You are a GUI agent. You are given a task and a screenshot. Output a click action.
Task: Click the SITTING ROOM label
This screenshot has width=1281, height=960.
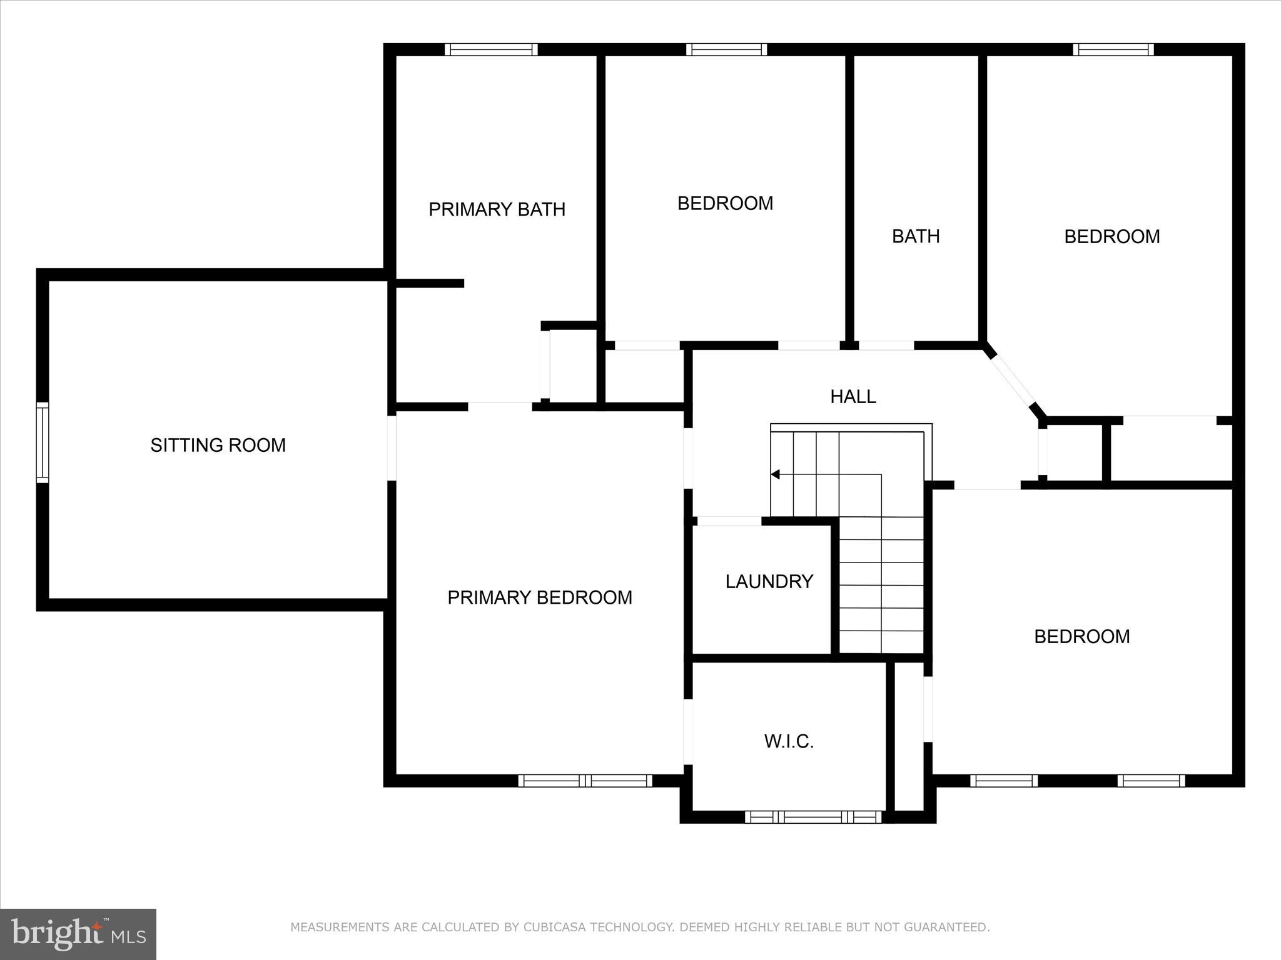point(218,445)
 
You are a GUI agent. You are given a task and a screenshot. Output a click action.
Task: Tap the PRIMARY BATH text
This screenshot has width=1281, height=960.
point(497,209)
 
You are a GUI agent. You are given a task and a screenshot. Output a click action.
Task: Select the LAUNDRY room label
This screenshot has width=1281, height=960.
point(769,582)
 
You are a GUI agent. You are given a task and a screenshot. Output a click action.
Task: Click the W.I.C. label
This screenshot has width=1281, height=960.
point(789,742)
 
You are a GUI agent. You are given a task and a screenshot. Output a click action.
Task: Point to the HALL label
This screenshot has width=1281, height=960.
point(853,396)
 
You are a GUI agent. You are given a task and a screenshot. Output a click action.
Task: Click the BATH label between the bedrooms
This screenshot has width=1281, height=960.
point(915,236)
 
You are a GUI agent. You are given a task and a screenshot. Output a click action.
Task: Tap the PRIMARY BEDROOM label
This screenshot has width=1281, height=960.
point(539,597)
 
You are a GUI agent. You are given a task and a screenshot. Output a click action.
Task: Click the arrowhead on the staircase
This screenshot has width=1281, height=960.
point(776,474)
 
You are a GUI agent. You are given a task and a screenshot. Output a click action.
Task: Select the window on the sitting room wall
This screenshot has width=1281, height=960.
point(42,442)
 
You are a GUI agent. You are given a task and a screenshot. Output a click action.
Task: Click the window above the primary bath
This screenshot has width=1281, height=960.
point(491,49)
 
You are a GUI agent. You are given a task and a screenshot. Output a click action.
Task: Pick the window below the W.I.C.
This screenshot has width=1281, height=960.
point(813,817)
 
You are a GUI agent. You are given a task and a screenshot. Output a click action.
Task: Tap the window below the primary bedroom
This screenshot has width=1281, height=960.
point(585,781)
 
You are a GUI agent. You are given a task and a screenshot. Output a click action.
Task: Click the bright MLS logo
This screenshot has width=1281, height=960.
point(78,934)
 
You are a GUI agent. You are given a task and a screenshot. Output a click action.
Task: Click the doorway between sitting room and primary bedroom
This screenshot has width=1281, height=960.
point(392,447)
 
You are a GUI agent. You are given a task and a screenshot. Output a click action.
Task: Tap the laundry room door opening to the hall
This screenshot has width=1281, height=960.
point(729,521)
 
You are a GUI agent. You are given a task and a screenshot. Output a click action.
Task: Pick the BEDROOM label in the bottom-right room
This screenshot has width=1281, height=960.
point(1081,636)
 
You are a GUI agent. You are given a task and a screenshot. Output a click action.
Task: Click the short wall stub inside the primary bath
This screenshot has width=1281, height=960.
point(430,283)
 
